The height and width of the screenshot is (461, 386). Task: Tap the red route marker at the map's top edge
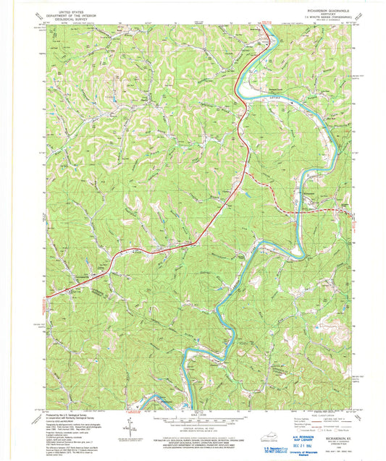pyautogui.click(x=267, y=23)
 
